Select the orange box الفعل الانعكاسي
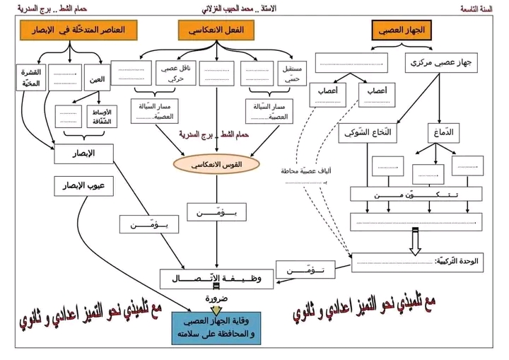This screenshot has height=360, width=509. [x=217, y=30]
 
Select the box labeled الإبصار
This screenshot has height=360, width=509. [x=84, y=153]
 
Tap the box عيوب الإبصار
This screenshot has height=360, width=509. [x=84, y=185]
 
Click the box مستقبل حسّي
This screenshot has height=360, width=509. [x=292, y=73]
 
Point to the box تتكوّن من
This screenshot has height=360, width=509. [x=416, y=194]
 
